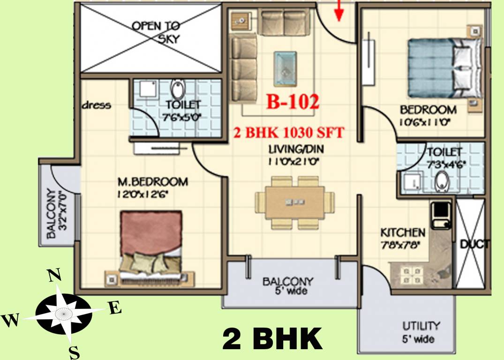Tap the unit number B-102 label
(293, 102)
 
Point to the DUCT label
(474, 244)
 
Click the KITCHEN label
(403, 232)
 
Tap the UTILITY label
(421, 326)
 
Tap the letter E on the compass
(115, 308)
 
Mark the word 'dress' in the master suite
(97, 105)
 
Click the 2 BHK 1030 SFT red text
(289, 133)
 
